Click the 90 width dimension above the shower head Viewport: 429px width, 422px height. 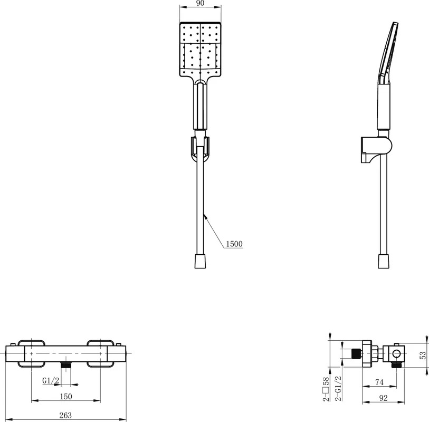click(201, 3)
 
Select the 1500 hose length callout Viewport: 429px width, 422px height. click(234, 244)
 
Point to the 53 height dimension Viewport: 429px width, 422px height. click(423, 355)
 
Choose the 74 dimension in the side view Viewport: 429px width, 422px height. click(379, 382)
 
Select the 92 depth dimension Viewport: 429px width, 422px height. click(384, 398)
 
